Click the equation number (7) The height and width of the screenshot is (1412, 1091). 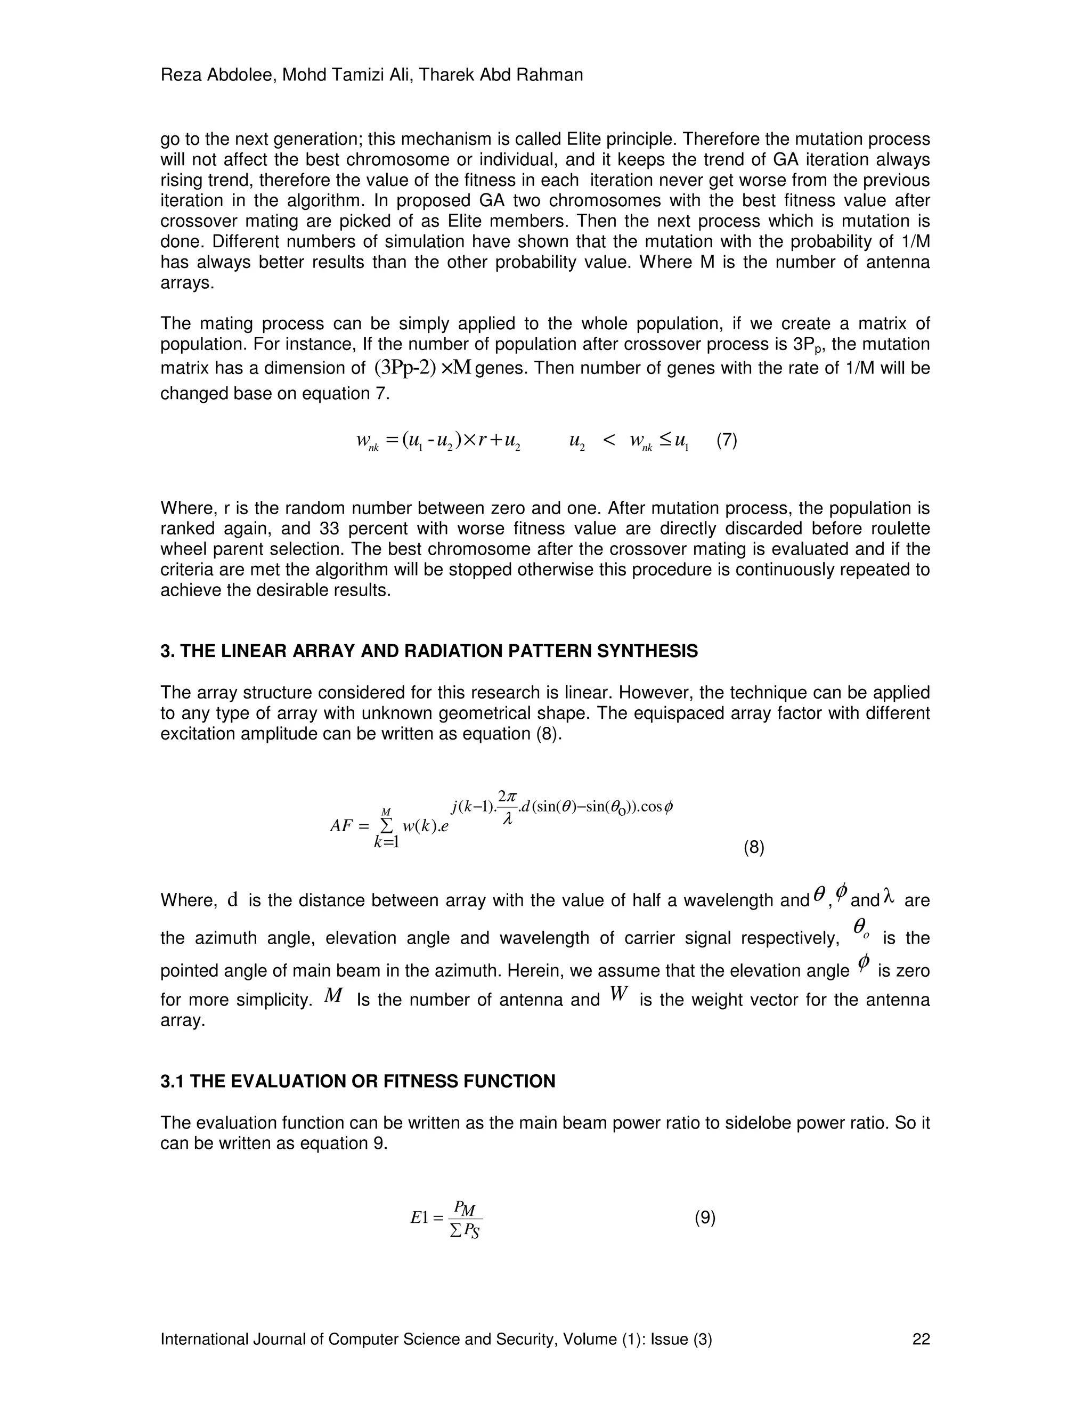727,441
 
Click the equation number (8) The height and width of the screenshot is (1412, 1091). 754,848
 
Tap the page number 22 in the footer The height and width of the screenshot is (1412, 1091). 921,1339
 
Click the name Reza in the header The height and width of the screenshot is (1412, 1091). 181,76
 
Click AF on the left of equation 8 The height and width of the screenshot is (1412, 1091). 340,826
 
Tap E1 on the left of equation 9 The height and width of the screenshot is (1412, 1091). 419,1218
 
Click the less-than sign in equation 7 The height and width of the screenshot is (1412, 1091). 609,441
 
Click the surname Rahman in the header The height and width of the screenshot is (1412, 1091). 555,76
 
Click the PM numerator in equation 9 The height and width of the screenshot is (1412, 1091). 464,1207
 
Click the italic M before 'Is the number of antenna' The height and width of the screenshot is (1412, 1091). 333,996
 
